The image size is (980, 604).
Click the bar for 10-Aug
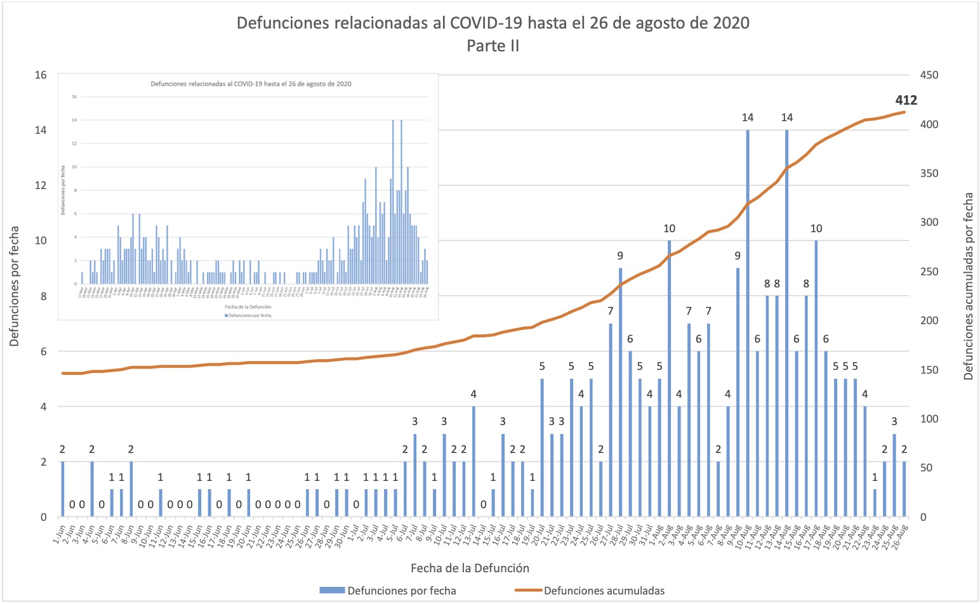(748, 324)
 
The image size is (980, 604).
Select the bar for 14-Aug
(787, 324)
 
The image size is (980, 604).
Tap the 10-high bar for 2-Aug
(669, 379)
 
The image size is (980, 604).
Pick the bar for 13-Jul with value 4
(473, 462)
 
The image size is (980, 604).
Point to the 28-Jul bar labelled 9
(620, 393)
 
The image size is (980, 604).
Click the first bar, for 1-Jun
(62, 489)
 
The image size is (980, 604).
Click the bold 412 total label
(906, 100)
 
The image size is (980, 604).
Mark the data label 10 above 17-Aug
(816, 228)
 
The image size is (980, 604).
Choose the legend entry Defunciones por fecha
(401, 591)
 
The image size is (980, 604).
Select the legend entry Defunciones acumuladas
(604, 591)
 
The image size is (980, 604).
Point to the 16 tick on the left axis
(41, 75)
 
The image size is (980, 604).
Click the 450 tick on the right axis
(929, 75)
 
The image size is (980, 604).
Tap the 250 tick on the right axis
(929, 272)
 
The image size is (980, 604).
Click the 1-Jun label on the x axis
(58, 537)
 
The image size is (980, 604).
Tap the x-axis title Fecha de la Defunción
(470, 568)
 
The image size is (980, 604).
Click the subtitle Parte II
(493, 46)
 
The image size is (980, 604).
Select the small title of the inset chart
(251, 84)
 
